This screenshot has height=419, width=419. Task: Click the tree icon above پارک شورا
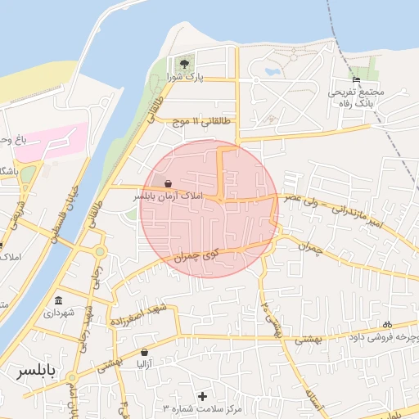185,65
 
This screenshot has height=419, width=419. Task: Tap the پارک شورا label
185,77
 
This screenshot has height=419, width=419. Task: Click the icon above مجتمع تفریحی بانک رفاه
355,80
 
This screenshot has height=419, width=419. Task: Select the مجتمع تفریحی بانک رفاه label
355,98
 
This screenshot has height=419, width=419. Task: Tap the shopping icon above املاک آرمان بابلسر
168,184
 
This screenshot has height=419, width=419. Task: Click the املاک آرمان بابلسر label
167,197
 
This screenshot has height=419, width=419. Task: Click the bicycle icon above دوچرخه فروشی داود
387,324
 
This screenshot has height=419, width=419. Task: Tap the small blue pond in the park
270,70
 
